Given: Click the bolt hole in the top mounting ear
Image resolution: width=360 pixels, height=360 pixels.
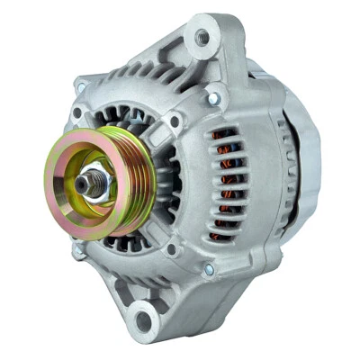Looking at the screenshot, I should point(202,38).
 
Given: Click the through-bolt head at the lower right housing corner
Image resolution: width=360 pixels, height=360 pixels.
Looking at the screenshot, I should point(209,269).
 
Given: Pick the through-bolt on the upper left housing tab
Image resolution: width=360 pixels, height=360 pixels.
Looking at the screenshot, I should point(82,87).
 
